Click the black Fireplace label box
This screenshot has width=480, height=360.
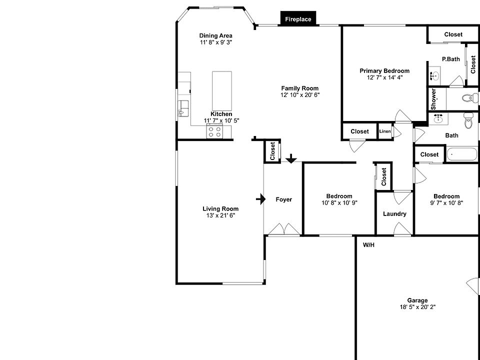point(298,19)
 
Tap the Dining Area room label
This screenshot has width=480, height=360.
point(215,35)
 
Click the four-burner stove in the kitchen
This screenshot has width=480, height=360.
point(215,132)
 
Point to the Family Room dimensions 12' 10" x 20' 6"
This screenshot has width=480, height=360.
point(299,95)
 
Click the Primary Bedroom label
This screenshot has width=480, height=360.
point(384,71)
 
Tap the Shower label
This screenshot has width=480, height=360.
point(433,99)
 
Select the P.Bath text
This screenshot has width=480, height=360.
point(450,59)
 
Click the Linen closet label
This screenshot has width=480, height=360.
point(384,131)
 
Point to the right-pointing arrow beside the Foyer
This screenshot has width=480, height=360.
point(260,199)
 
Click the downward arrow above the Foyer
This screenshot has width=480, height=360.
point(290,158)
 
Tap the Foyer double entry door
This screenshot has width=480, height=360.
point(283,229)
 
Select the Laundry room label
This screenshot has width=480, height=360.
point(394,214)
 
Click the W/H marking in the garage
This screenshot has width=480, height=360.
point(368,245)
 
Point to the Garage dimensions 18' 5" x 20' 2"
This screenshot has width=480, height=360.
point(417,307)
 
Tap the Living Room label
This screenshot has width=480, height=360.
point(220,209)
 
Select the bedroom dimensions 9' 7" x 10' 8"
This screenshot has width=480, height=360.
point(446,203)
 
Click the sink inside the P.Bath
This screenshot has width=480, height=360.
point(434,77)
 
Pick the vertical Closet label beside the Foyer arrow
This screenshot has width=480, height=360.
point(272,151)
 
